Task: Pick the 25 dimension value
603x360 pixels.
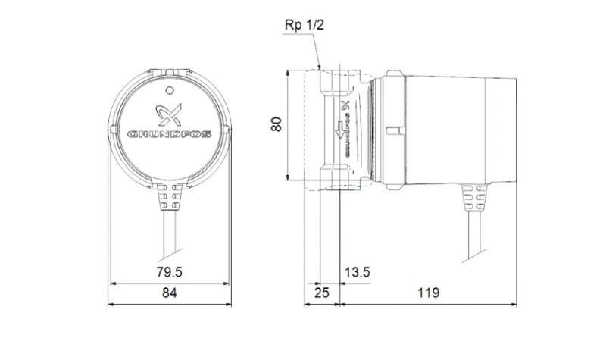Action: pyautogui.click(x=321, y=293)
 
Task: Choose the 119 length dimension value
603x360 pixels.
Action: pyautogui.click(x=428, y=293)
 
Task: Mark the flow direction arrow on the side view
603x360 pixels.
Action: pyautogui.click(x=341, y=130)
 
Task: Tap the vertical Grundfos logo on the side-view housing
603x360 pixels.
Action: pyautogui.click(x=347, y=125)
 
